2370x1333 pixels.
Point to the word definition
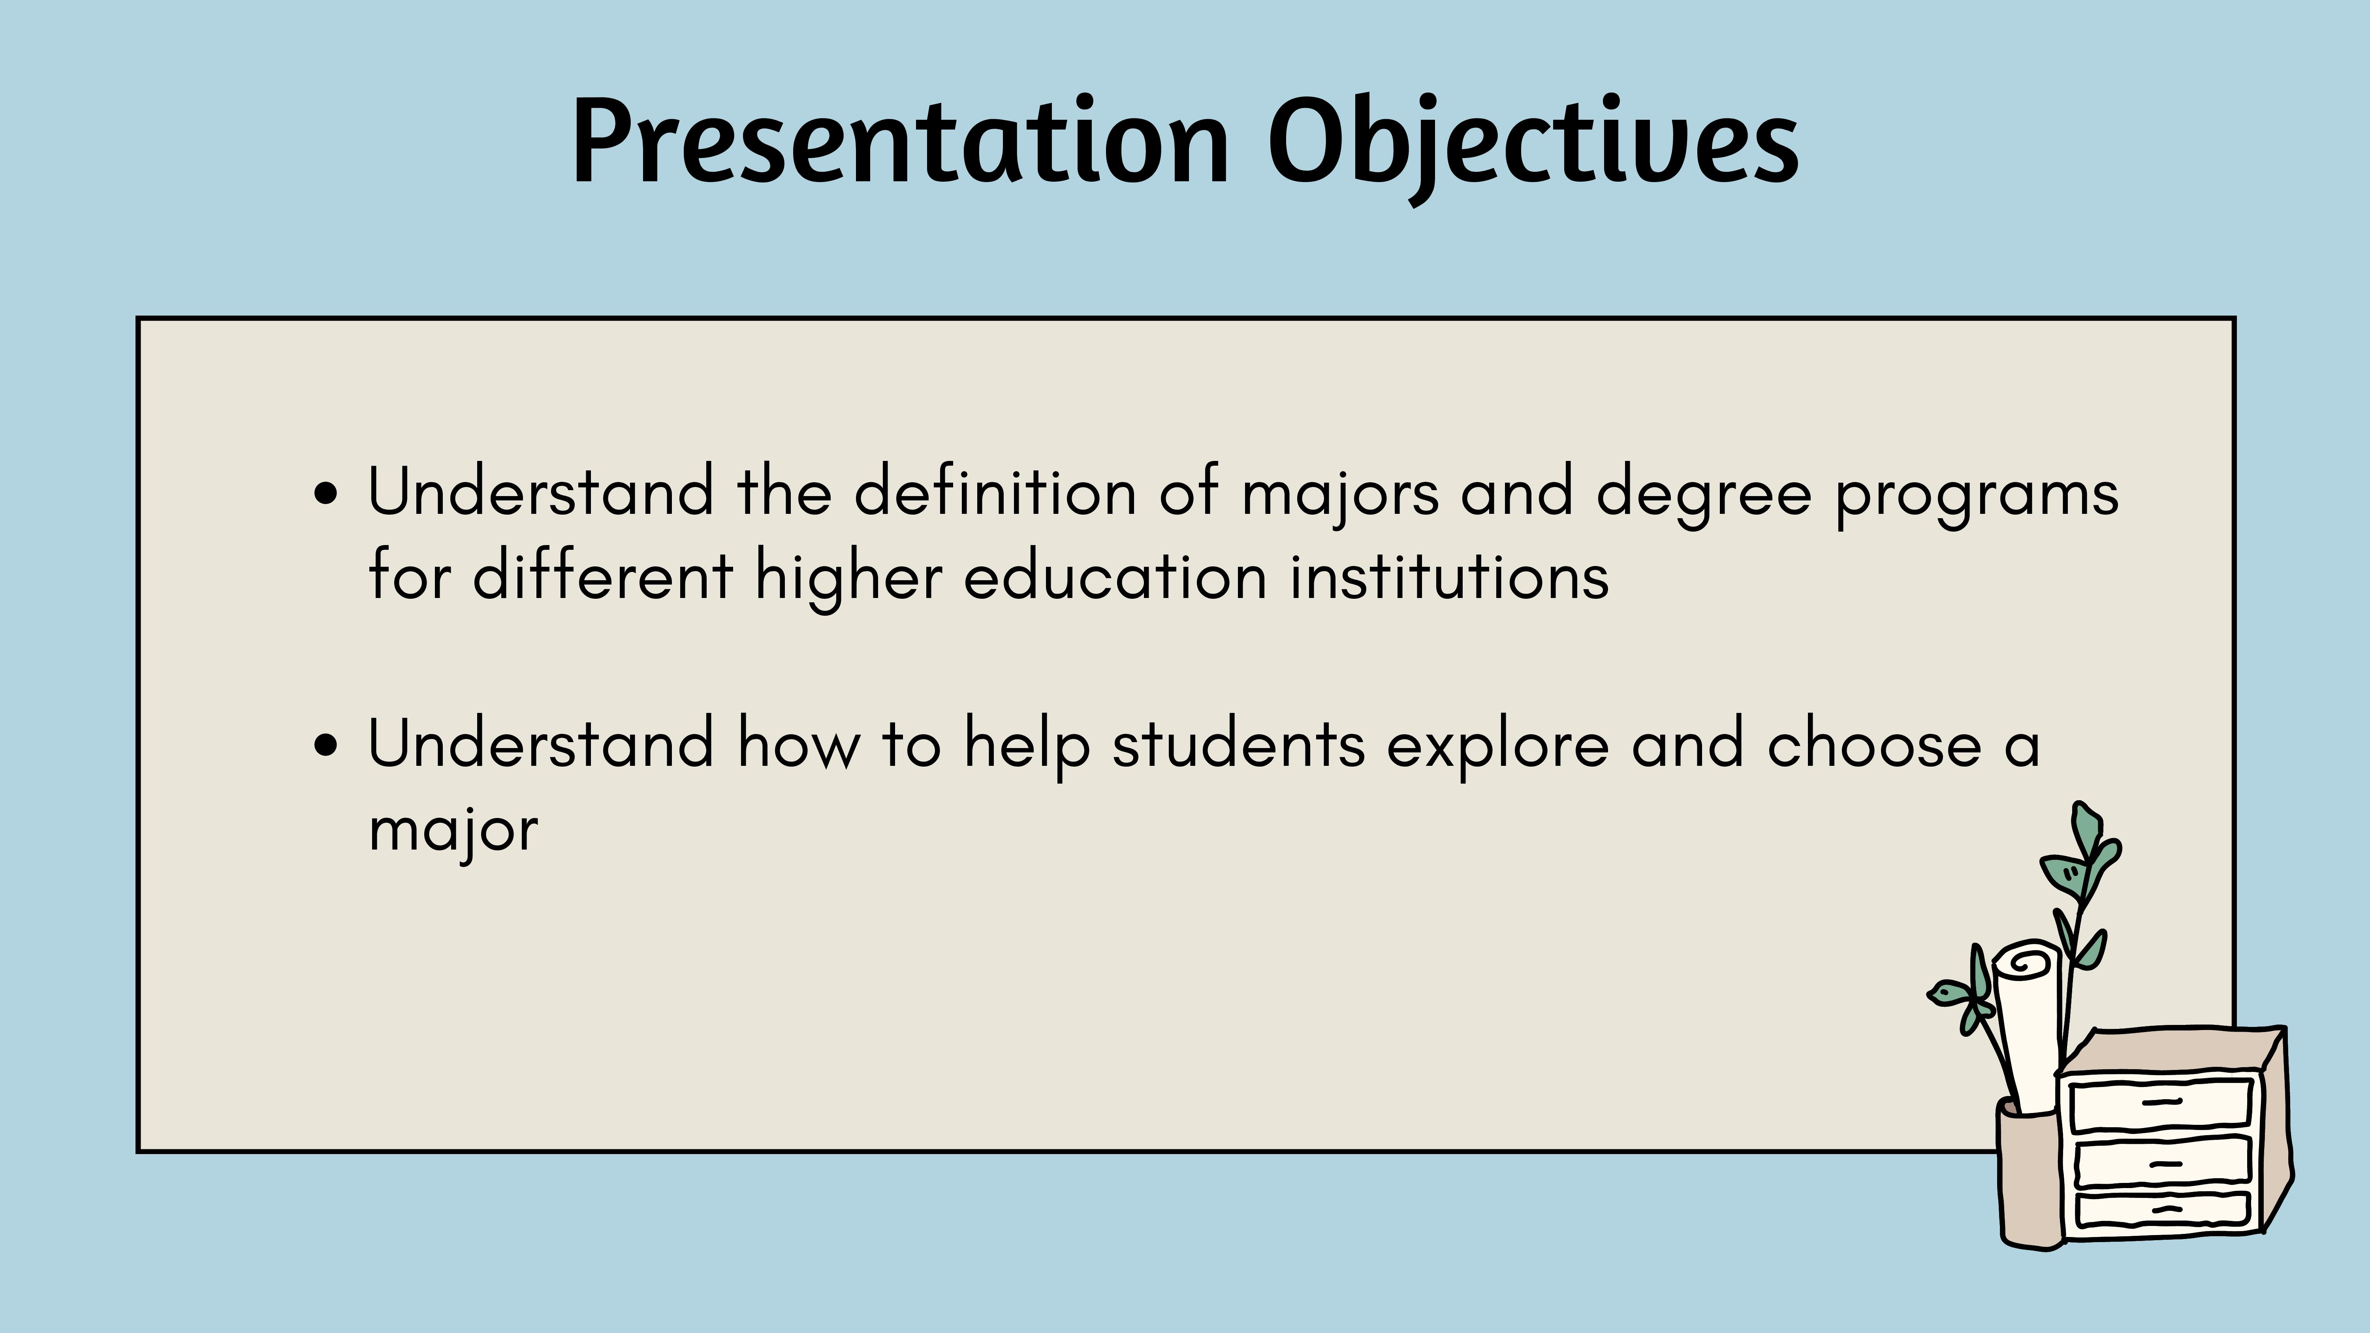pos(995,491)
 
